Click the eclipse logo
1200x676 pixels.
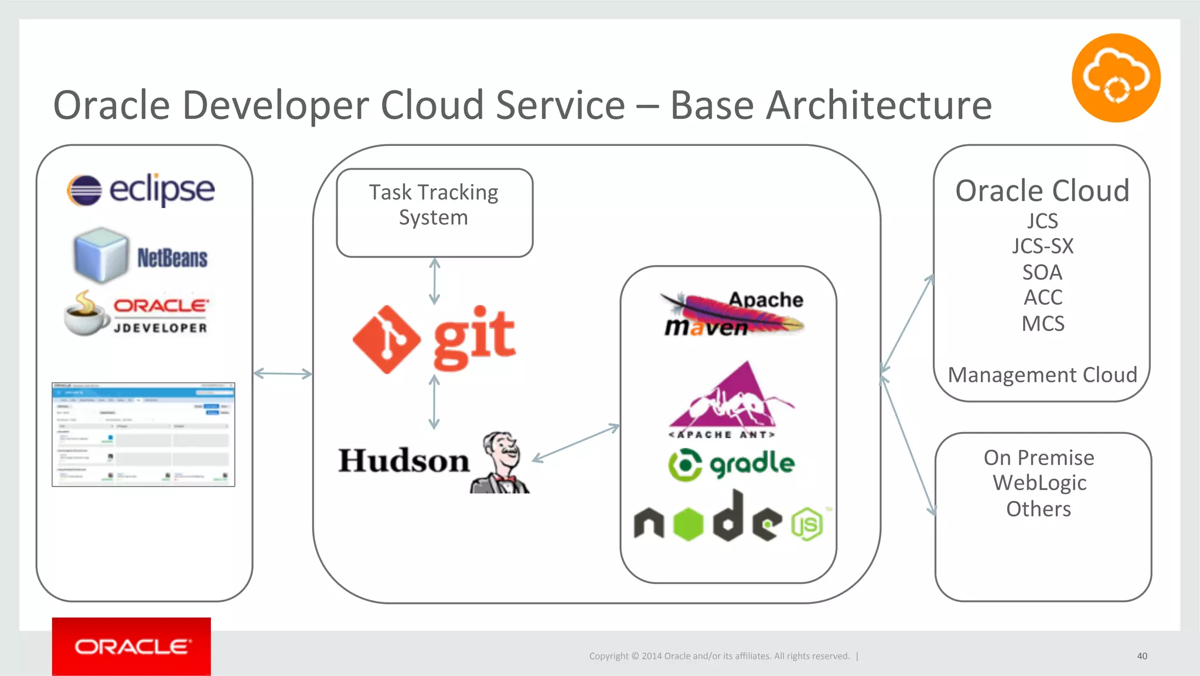point(141,189)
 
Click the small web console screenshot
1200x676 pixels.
point(143,434)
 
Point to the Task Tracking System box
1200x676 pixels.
point(434,212)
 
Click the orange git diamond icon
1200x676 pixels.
point(386,339)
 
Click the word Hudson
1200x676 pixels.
point(404,461)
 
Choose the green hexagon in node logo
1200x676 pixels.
point(688,524)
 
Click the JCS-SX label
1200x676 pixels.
point(1042,246)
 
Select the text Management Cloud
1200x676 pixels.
point(1042,375)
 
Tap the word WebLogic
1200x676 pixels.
point(1039,483)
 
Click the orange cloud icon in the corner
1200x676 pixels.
point(1116,78)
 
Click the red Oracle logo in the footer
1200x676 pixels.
point(131,647)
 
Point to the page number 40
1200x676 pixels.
point(1141,656)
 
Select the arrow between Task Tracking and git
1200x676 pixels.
point(434,281)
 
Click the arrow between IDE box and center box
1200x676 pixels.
point(282,373)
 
